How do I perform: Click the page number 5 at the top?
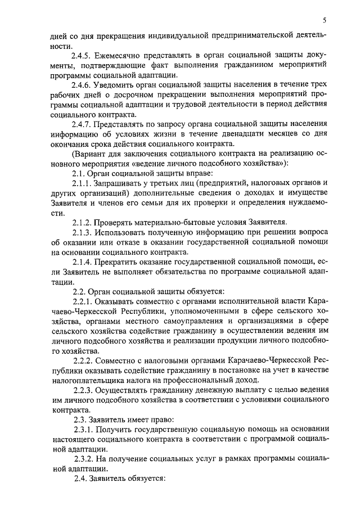tap(325, 20)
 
